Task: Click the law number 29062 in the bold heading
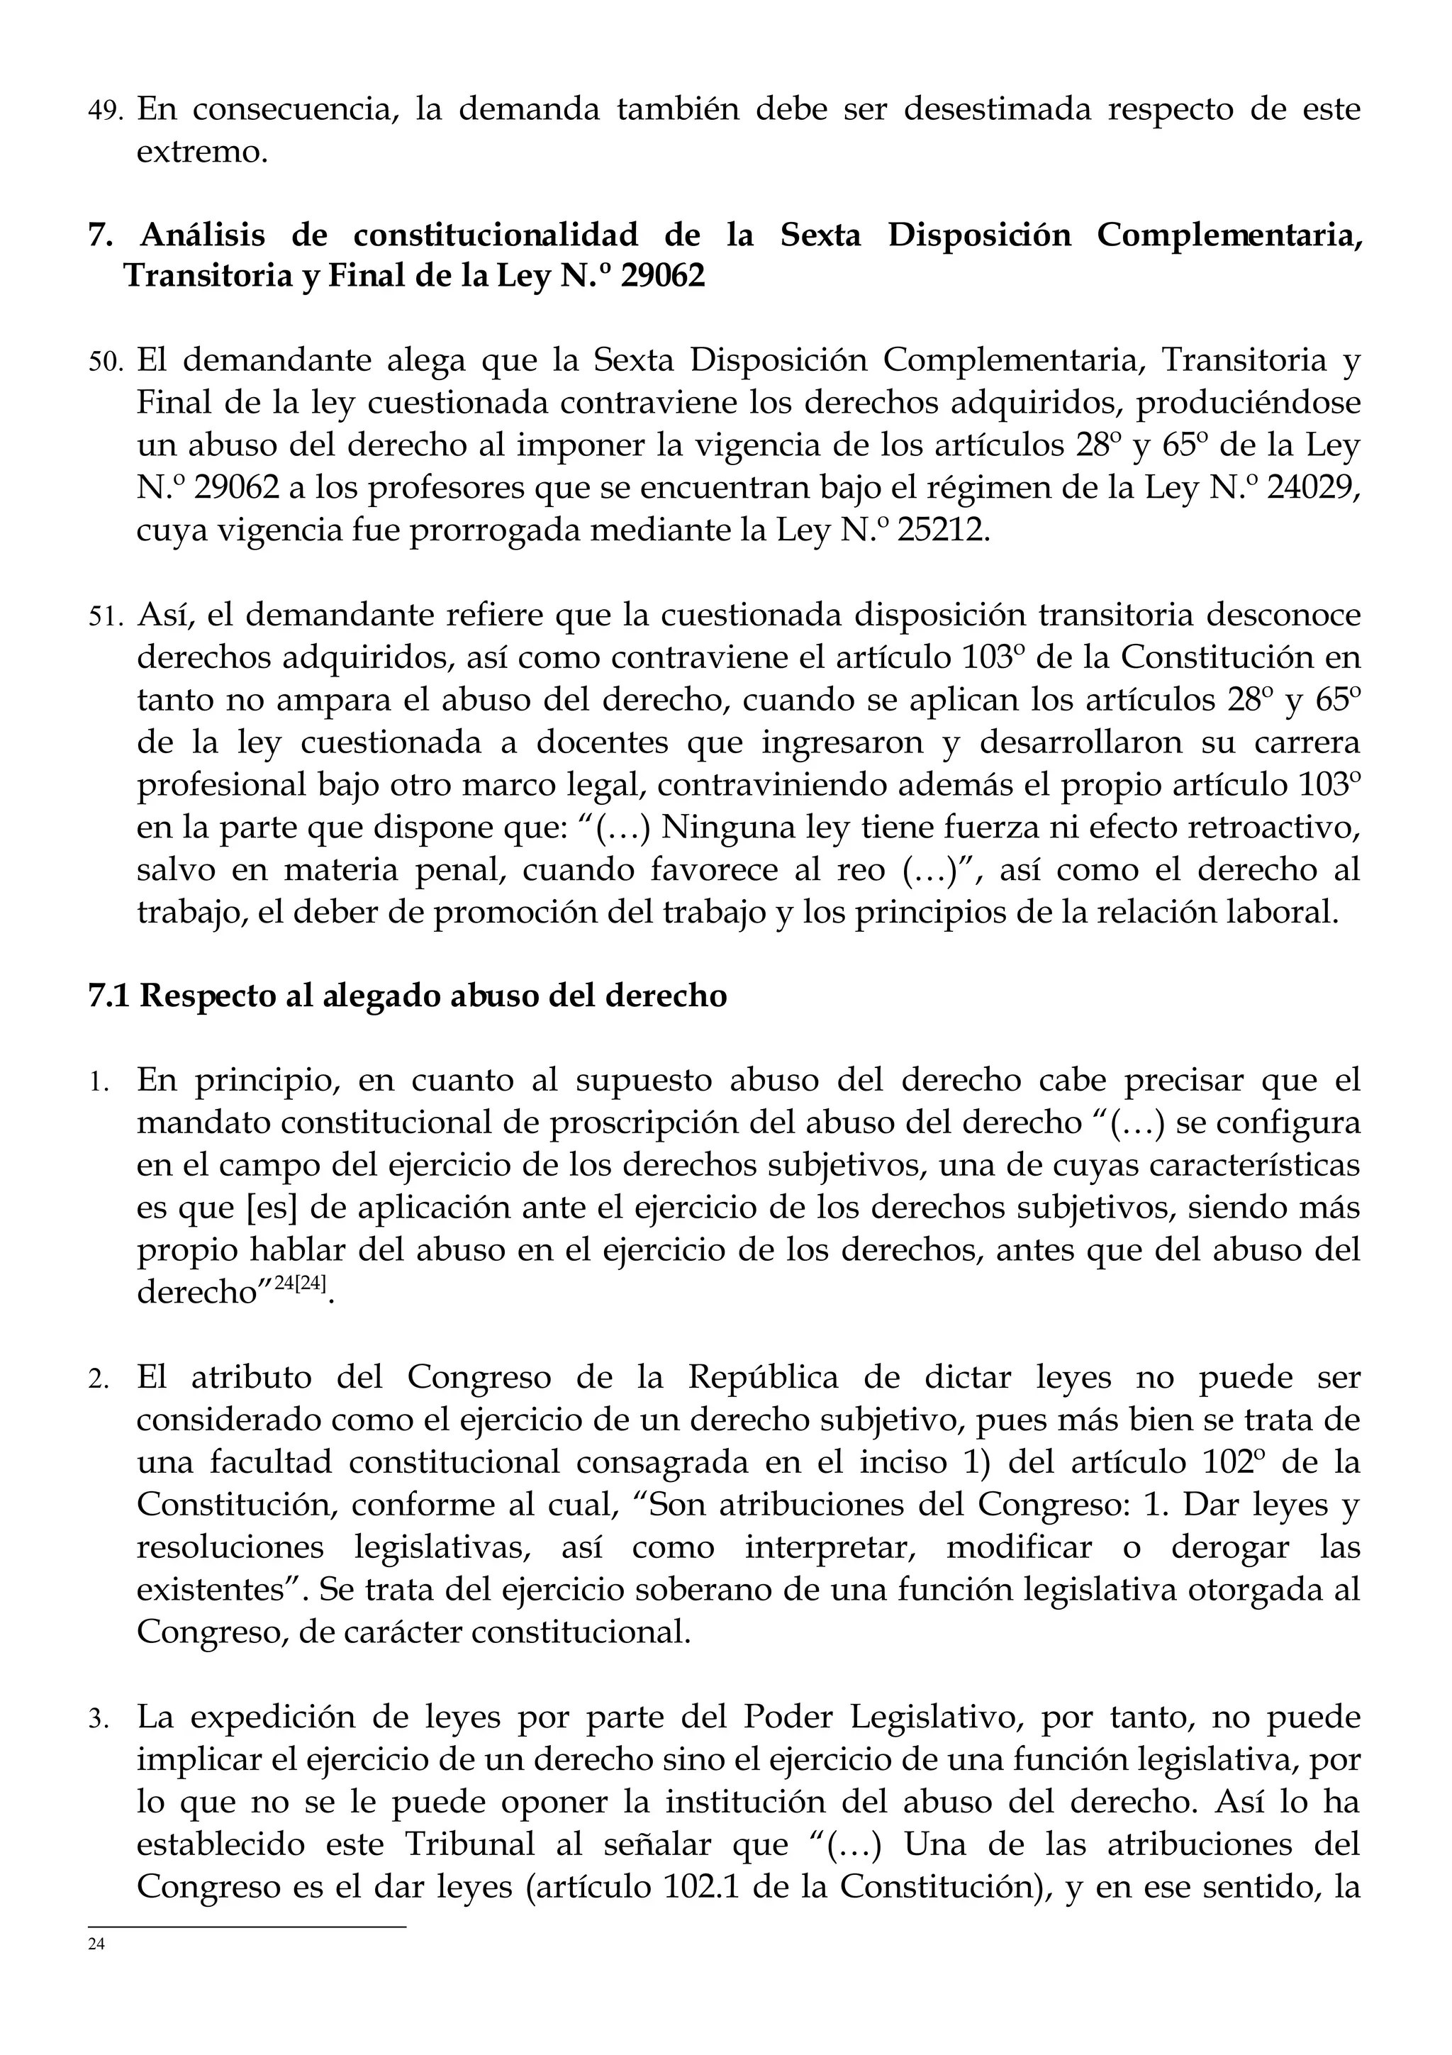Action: (x=663, y=277)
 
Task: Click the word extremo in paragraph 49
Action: (x=201, y=152)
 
